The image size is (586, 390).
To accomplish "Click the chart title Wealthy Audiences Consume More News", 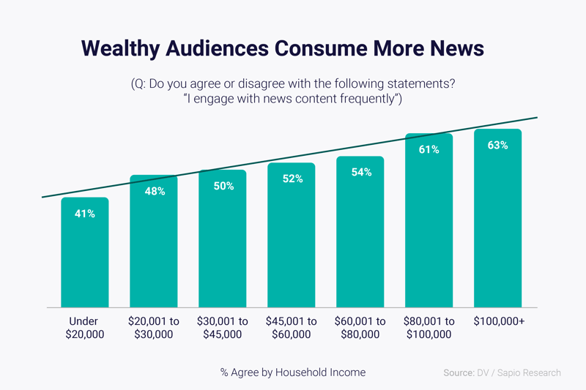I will point(283,48).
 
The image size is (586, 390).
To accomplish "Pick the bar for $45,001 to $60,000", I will point(292,241).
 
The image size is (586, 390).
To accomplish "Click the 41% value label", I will point(85,214).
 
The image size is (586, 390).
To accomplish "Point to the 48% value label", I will point(154,192).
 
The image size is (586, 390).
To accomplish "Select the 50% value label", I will point(223,187).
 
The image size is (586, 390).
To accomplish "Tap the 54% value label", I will point(360,173).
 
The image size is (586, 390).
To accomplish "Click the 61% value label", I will point(429,149).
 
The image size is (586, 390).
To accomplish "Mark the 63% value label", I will point(497,146).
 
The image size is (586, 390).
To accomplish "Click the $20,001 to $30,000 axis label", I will point(154,328).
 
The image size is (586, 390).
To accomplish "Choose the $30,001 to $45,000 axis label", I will point(223,328).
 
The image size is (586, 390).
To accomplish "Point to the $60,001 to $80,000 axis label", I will point(360,328).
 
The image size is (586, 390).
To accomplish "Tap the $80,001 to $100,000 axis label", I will point(429,328).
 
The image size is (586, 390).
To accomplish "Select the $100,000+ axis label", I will point(497,321).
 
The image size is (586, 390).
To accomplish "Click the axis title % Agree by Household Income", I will point(293,372).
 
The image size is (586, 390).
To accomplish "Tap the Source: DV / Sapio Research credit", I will point(502,372).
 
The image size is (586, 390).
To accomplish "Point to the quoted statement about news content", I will point(293,99).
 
